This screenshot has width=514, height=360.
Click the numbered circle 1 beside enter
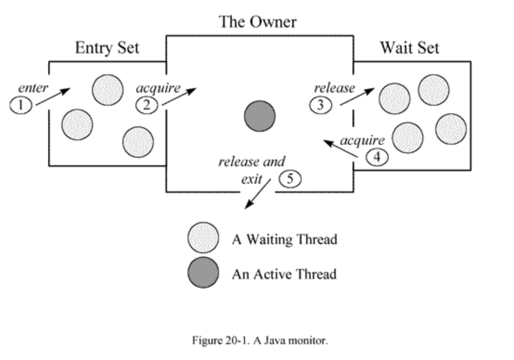tap(20, 105)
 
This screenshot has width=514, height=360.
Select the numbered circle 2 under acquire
tap(147, 105)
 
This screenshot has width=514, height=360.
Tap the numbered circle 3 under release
tap(321, 105)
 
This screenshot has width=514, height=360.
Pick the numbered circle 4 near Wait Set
tap(377, 158)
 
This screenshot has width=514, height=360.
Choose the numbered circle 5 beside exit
tap(290, 179)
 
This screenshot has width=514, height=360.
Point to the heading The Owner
tap(257, 22)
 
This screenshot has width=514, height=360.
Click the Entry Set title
tap(107, 48)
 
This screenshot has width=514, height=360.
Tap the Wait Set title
tap(409, 48)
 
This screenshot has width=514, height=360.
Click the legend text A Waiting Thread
tap(284, 239)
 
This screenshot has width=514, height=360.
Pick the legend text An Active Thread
tap(284, 274)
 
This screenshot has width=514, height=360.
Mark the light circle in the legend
tap(203, 238)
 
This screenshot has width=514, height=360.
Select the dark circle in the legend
tap(203, 272)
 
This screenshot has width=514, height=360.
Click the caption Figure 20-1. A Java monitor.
tap(260, 341)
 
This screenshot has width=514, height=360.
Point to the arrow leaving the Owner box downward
tap(257, 193)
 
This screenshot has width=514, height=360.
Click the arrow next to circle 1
tap(52, 97)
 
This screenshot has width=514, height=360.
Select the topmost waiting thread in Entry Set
tap(108, 89)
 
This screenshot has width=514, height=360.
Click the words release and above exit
tap(251, 162)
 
